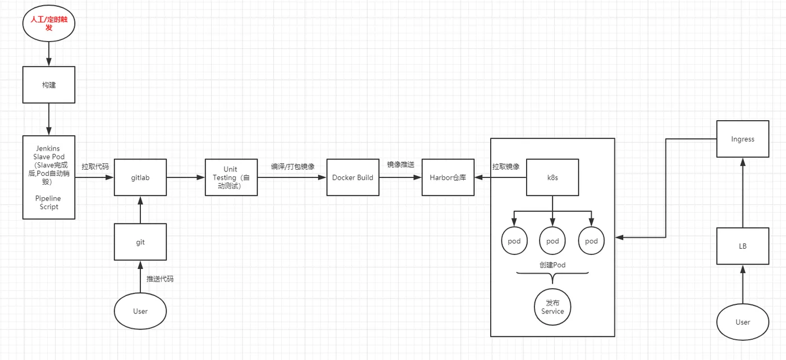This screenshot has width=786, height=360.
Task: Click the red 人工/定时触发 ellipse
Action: coord(49,23)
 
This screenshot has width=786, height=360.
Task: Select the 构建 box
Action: coord(49,85)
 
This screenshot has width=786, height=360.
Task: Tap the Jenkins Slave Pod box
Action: coord(49,177)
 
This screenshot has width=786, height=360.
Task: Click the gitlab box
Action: coord(140,177)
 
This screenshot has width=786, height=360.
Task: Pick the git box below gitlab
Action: coord(140,242)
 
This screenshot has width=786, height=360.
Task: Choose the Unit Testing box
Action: coord(231,177)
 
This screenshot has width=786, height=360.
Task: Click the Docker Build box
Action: coord(353,177)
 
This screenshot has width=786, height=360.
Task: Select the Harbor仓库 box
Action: coord(448,177)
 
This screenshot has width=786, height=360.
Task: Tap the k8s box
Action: coord(552,177)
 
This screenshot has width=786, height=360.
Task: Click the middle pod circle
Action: coord(552,241)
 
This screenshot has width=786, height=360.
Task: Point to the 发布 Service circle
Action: coord(552,307)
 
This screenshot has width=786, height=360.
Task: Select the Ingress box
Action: coord(743,139)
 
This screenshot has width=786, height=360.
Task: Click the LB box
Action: coord(743,246)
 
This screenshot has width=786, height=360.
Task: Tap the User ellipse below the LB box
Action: coord(743,322)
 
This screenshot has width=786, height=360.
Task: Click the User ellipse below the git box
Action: coord(140,311)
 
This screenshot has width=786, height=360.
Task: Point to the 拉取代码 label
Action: coord(95,166)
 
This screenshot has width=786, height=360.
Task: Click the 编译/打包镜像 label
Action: coord(293,166)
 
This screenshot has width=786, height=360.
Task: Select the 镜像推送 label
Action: coord(401,165)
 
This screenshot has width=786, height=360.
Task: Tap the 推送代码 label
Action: coord(160,279)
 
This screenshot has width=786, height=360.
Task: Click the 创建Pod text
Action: coord(552,265)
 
